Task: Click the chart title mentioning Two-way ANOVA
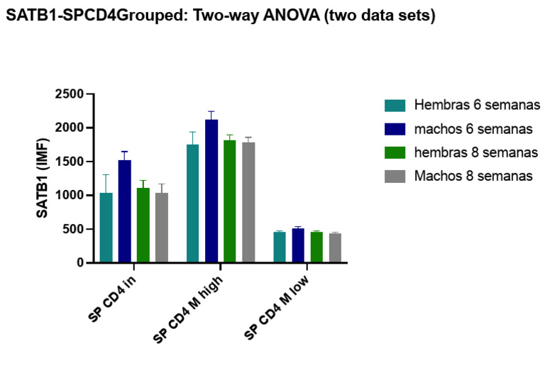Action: click(220, 15)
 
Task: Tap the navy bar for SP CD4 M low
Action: click(298, 245)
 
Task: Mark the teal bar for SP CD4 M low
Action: click(280, 247)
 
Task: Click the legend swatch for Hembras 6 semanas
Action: click(395, 106)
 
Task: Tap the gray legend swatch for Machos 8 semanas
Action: click(395, 177)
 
